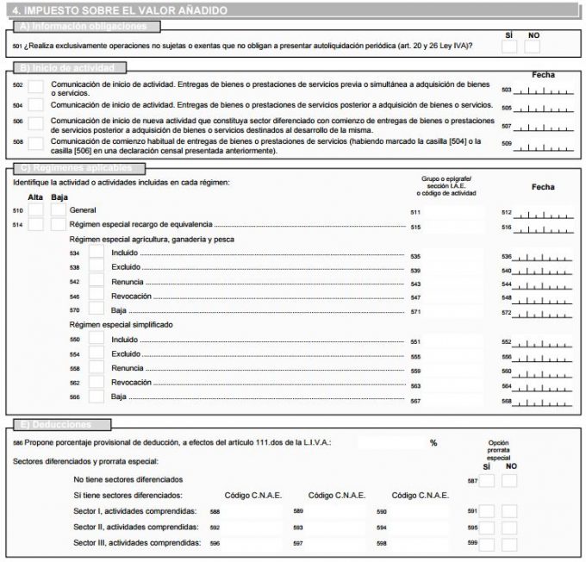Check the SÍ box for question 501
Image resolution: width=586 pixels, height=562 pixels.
pyautogui.click(x=510, y=47)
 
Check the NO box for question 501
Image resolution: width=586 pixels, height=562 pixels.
pyautogui.click(x=533, y=47)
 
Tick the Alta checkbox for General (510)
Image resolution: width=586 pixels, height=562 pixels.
pyautogui.click(x=36, y=209)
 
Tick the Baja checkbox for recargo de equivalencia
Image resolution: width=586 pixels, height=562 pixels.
pyautogui.click(x=57, y=225)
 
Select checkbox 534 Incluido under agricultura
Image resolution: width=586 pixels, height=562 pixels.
pyautogui.click(x=97, y=253)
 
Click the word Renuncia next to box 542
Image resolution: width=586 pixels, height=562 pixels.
pyautogui.click(x=128, y=282)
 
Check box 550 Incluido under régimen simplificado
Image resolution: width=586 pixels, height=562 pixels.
pyautogui.click(x=97, y=340)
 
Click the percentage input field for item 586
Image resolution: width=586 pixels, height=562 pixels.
pyautogui.click(x=390, y=442)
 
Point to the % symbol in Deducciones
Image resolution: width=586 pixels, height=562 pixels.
pyautogui.click(x=433, y=442)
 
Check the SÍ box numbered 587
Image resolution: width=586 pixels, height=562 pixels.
pyautogui.click(x=487, y=480)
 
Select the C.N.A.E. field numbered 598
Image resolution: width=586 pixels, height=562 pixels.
pyautogui.click(x=423, y=543)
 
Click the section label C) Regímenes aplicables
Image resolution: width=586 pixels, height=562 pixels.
pyautogui.click(x=78, y=167)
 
